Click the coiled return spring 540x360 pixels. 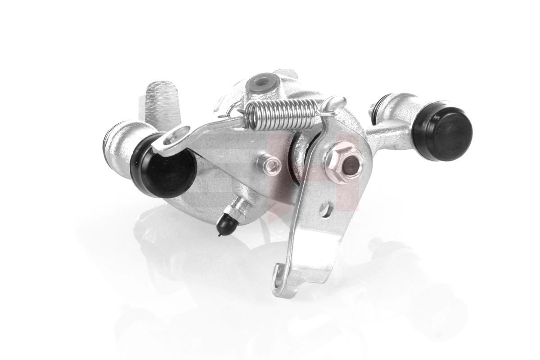point(283,112)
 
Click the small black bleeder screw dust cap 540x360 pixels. point(226,223)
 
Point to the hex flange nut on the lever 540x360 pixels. point(345,165)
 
